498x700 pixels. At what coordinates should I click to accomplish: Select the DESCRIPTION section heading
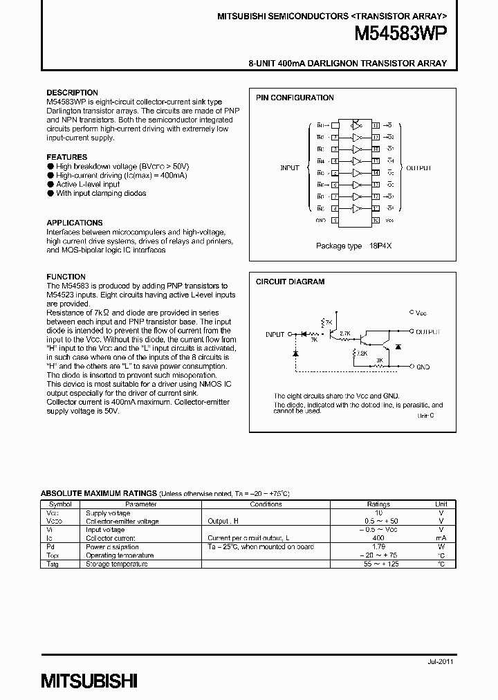(x=72, y=93)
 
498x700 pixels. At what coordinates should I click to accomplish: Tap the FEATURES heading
(x=66, y=157)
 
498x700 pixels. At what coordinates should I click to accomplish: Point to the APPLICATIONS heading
(x=74, y=223)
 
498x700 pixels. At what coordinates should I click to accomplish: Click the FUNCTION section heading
(x=66, y=277)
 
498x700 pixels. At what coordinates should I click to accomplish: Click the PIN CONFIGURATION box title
(x=295, y=98)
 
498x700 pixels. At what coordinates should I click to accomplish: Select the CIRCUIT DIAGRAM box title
(x=290, y=282)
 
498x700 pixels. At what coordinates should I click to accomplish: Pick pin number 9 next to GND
(x=335, y=220)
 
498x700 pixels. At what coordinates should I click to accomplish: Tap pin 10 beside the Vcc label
(x=376, y=220)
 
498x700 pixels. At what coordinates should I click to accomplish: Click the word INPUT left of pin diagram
(x=290, y=168)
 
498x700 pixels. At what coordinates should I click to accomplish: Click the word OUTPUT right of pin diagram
(x=418, y=168)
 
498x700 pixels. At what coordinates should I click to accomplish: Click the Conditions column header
(x=266, y=505)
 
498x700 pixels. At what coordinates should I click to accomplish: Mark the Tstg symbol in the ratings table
(x=53, y=564)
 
